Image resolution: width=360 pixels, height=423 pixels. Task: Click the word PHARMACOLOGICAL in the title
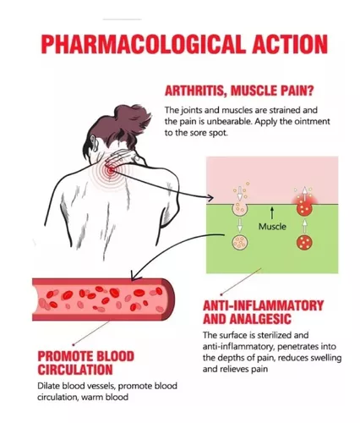[x=142, y=44]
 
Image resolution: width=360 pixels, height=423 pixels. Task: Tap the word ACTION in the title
[x=290, y=44]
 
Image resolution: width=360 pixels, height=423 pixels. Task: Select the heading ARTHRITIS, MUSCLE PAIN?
[x=239, y=91]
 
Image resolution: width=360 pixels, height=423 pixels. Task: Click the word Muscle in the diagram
[x=272, y=227]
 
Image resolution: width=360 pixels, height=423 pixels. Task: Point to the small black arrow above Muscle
[x=272, y=213]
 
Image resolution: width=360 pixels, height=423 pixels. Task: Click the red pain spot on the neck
[x=110, y=170]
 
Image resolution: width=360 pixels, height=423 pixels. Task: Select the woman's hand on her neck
[x=121, y=158]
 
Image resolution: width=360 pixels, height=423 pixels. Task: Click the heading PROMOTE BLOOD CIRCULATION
[x=86, y=363]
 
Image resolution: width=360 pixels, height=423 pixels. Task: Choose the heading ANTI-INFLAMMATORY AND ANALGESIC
[x=263, y=312]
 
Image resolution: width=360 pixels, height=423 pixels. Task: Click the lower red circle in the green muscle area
[x=304, y=242]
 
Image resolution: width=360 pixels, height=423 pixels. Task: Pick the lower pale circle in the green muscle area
[x=240, y=242]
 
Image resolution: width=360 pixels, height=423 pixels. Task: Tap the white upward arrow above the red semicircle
[x=304, y=193]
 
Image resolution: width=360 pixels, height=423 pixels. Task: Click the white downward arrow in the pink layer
[x=240, y=193]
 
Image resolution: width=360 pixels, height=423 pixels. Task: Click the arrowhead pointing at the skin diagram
[x=211, y=197]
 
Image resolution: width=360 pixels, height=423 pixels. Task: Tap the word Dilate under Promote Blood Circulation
[x=47, y=386]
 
